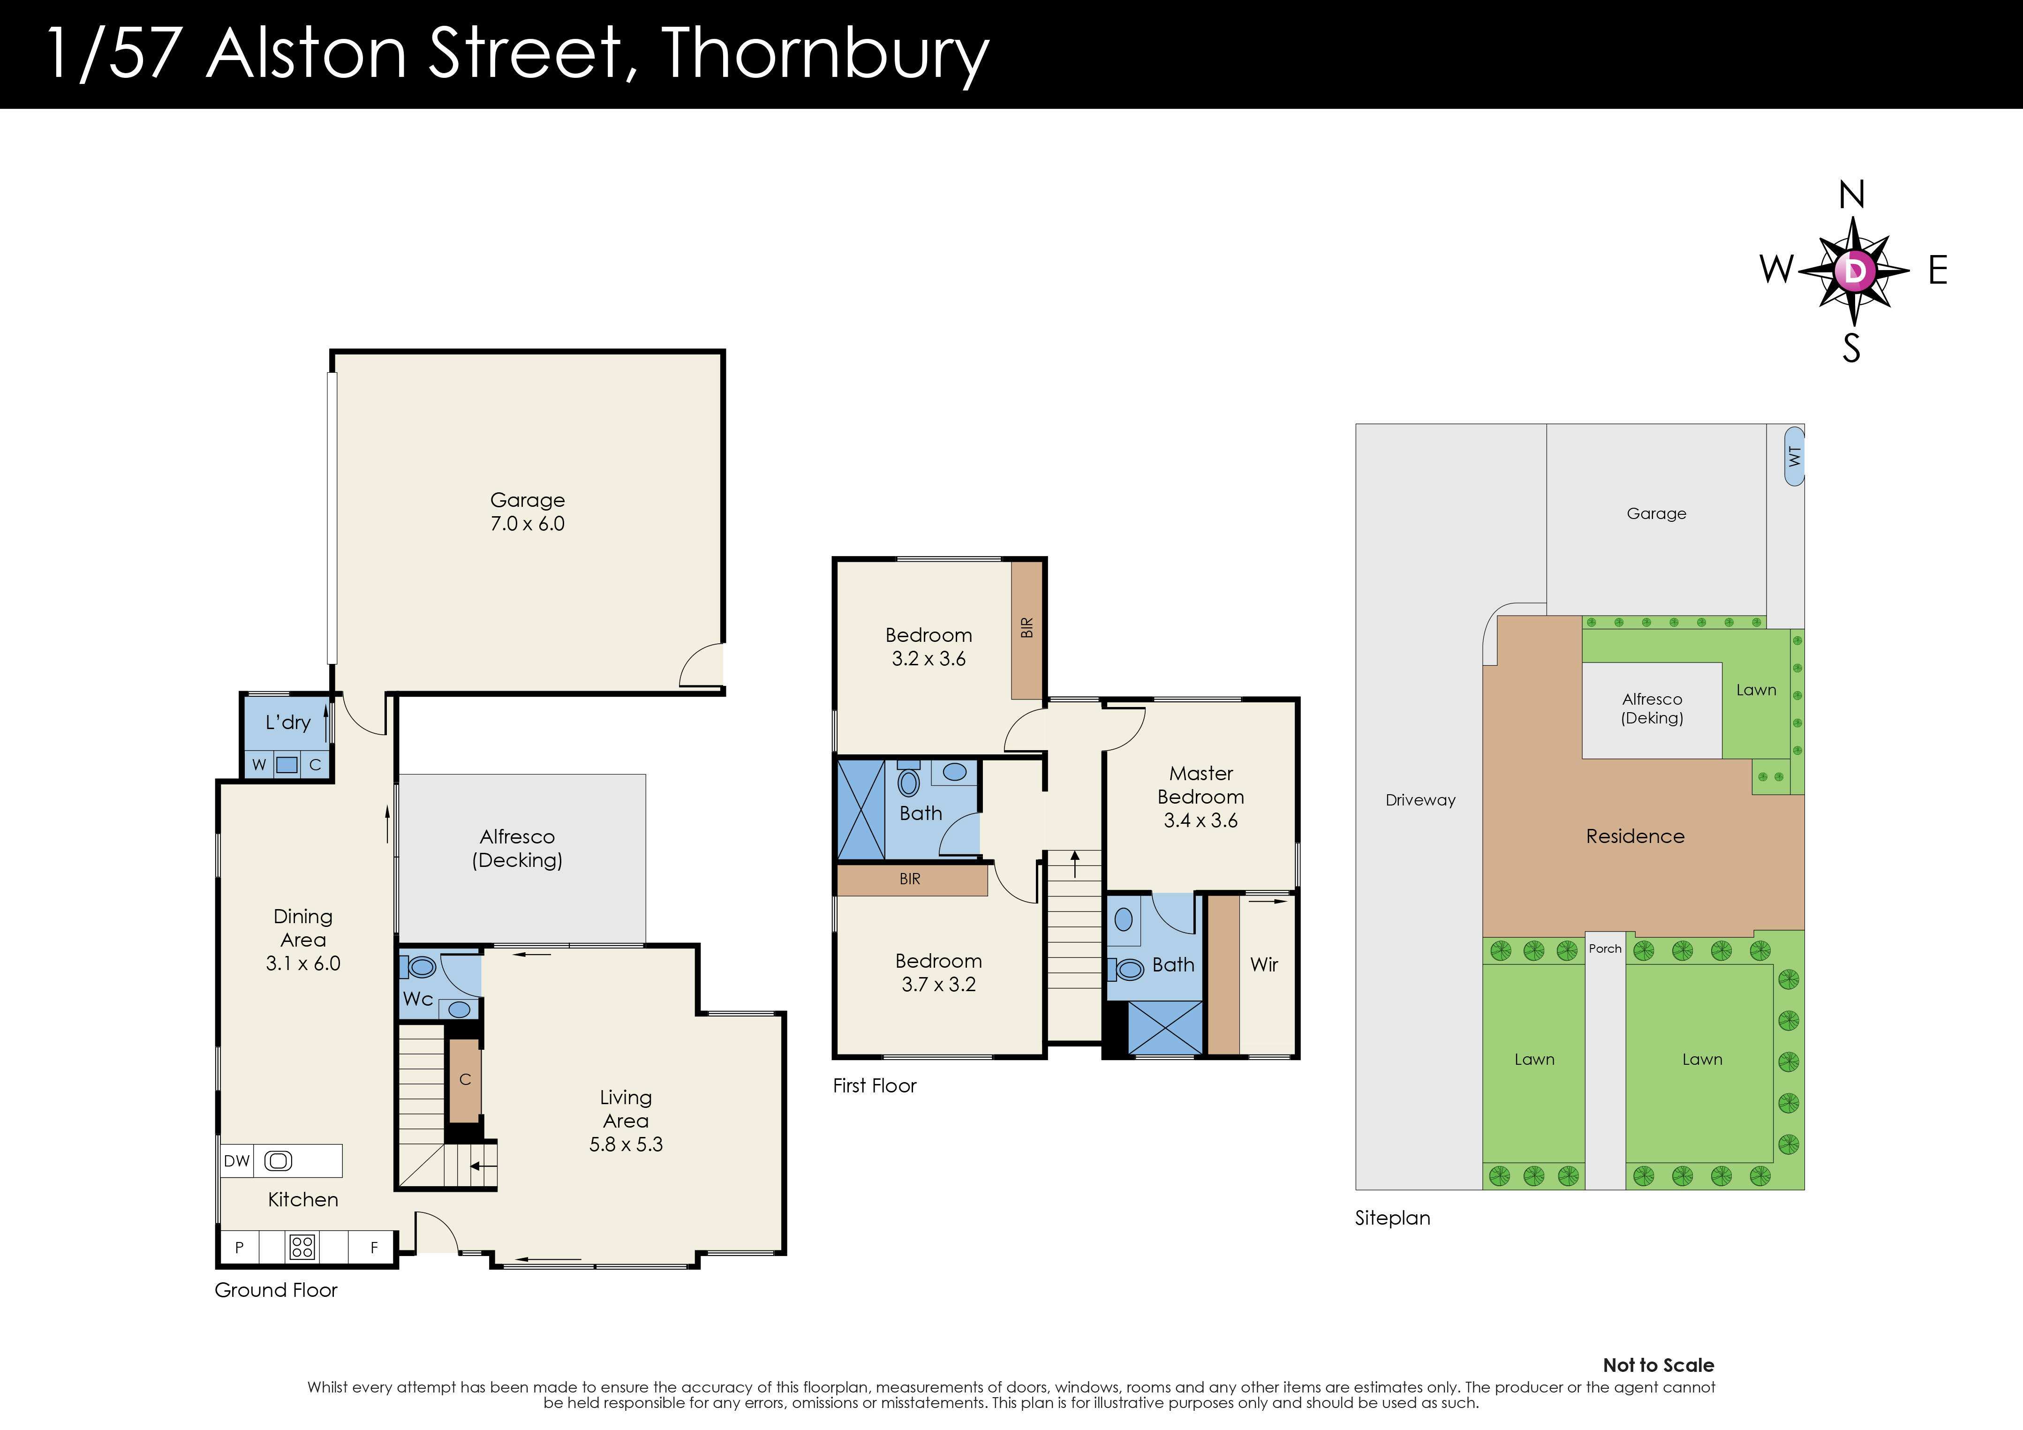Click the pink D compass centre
[1854, 271]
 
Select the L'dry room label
[288, 723]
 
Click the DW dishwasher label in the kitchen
[236, 1161]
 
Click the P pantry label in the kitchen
[239, 1248]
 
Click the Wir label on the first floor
[1263, 965]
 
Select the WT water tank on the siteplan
[1794, 456]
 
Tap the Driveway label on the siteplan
[1420, 800]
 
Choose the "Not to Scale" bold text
[1658, 1365]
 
